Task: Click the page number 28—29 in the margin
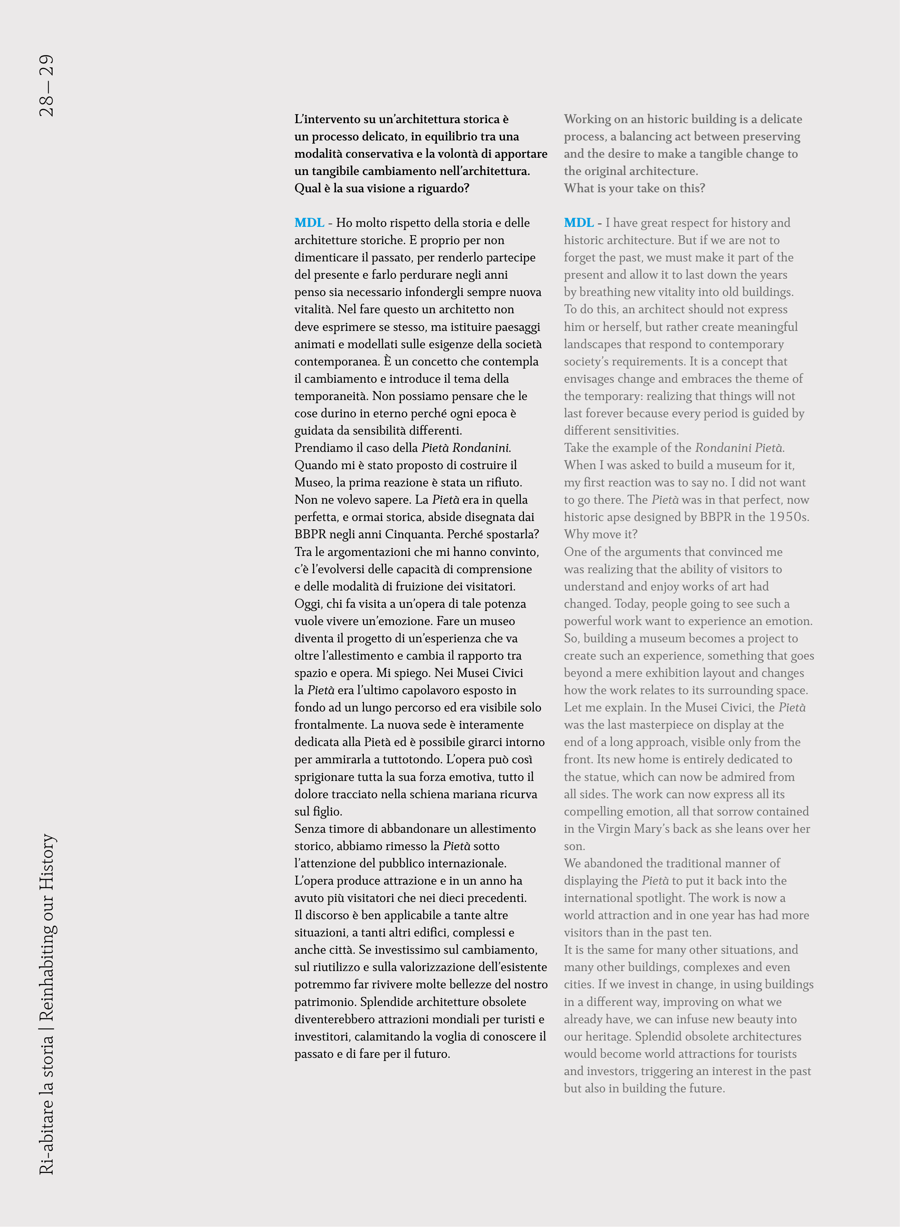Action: [47, 85]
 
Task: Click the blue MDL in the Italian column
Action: [309, 223]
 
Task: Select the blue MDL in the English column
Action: [578, 223]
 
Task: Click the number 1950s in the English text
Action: [788, 517]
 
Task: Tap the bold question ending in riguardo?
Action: [381, 188]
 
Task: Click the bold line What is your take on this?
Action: [634, 188]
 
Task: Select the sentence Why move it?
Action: [600, 534]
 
